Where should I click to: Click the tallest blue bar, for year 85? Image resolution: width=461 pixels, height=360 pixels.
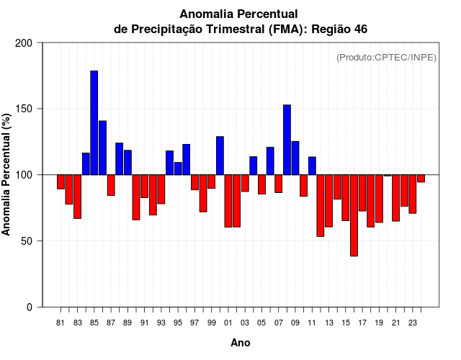click(x=94, y=122)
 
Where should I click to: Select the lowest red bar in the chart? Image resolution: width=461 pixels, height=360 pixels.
click(x=354, y=215)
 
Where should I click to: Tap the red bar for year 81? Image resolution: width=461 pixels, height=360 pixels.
click(x=61, y=181)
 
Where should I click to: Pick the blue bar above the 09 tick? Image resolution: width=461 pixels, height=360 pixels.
click(x=295, y=158)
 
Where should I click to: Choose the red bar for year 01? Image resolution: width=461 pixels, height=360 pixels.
click(x=228, y=201)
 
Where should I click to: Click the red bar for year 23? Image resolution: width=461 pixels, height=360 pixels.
click(x=413, y=194)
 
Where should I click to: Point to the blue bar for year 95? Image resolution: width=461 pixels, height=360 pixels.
click(x=178, y=168)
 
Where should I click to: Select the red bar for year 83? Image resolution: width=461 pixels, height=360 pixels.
click(x=78, y=197)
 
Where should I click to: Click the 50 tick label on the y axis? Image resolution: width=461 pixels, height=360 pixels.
click(x=27, y=241)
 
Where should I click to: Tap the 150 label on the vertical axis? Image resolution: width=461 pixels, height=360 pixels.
click(x=24, y=109)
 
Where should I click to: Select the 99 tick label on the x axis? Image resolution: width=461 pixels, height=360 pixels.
click(x=212, y=323)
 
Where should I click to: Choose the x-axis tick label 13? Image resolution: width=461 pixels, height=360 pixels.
click(x=329, y=323)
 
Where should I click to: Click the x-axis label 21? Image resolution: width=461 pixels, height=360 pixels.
click(x=396, y=323)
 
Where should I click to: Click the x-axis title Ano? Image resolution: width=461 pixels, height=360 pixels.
click(x=241, y=343)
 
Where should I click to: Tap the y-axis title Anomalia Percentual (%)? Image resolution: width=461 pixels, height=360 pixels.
click(x=7, y=174)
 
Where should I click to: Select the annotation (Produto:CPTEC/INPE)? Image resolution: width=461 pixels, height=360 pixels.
click(x=386, y=57)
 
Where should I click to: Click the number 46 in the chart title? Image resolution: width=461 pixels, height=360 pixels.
click(x=361, y=29)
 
